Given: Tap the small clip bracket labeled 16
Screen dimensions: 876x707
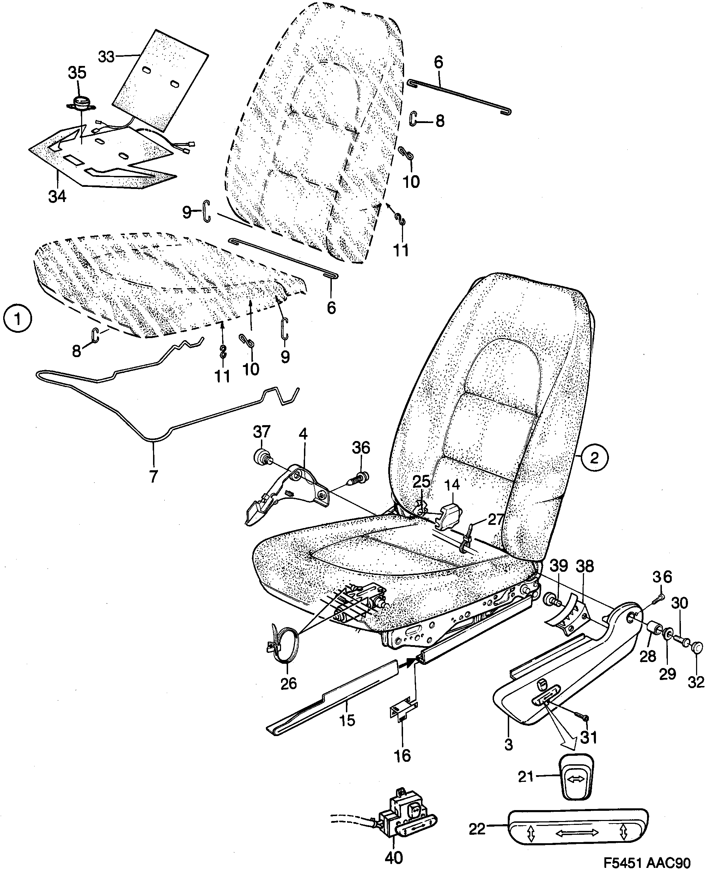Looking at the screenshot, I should click(400, 712).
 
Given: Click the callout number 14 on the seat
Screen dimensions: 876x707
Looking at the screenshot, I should click(452, 484).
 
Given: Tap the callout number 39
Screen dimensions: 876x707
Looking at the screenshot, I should click(559, 566).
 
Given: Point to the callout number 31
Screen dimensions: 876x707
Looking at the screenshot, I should click(589, 737).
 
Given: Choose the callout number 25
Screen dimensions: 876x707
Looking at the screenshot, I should click(421, 482).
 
